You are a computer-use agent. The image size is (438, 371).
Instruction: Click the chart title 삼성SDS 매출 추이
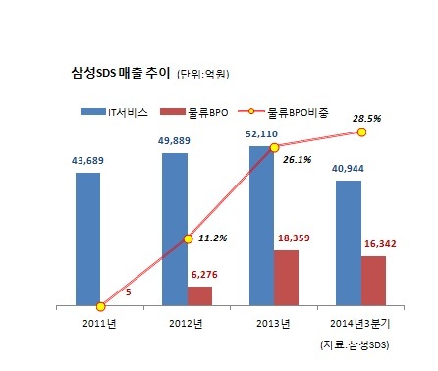121,73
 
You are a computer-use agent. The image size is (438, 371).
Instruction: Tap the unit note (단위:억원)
203,75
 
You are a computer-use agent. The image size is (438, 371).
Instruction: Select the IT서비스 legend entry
115,112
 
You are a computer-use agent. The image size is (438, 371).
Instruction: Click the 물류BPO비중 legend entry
284,112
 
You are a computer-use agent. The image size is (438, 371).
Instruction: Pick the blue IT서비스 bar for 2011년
88,239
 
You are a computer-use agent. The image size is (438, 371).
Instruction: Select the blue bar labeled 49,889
175,230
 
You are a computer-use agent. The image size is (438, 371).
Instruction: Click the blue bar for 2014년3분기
349,243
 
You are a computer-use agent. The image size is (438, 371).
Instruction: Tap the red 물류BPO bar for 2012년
199,296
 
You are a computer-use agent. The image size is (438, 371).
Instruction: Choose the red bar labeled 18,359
287,278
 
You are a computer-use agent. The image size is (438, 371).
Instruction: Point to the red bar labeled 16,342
373,281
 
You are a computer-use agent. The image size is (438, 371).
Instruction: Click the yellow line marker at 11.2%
188,239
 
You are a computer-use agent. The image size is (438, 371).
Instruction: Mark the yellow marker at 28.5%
361,132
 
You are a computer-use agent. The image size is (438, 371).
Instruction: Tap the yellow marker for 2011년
101,306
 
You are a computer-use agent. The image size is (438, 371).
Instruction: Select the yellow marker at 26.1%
275,148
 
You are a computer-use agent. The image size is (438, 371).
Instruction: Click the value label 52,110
261,134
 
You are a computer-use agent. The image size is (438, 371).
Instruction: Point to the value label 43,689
87,161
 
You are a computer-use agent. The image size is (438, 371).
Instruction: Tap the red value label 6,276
204,274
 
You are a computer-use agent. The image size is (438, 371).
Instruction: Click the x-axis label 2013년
273,324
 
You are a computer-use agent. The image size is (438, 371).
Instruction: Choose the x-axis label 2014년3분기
360,324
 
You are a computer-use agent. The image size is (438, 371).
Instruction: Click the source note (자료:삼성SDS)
356,345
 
